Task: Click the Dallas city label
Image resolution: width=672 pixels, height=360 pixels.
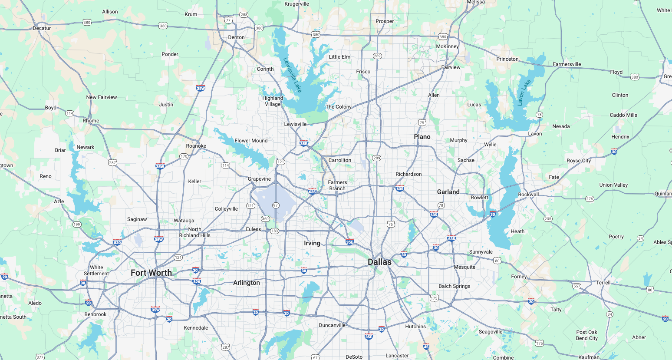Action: [x=379, y=262]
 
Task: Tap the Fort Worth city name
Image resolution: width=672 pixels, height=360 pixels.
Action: [x=151, y=273]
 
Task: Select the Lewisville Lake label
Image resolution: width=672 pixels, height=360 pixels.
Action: [x=292, y=75]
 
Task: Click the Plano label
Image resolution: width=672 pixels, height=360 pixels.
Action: [x=422, y=137]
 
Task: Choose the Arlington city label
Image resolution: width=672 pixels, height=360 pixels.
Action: [x=246, y=283]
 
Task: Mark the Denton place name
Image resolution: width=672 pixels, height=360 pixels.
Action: [x=236, y=37]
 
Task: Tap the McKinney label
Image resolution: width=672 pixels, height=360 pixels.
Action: [x=447, y=46]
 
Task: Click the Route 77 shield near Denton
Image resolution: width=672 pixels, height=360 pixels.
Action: [x=228, y=20]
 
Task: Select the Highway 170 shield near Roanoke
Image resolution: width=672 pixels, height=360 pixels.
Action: [x=184, y=156]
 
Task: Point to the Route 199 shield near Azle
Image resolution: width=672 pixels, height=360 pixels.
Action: [x=77, y=225]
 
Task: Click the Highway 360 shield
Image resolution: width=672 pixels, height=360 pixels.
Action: [x=265, y=219]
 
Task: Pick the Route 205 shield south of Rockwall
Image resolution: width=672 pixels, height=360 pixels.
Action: [x=548, y=219]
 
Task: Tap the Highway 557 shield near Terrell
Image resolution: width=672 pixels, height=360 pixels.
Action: [x=576, y=286]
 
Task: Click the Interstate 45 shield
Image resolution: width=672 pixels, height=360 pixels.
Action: [x=426, y=346]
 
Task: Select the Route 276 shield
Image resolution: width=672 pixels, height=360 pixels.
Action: [x=589, y=199]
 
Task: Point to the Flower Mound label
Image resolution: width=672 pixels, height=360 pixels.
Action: [x=251, y=141]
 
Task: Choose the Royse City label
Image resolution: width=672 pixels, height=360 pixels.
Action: [x=579, y=161]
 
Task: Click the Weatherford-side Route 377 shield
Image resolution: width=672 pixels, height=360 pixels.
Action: [x=40, y=357]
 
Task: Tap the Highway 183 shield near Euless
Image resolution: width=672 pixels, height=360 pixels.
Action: [x=274, y=231]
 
